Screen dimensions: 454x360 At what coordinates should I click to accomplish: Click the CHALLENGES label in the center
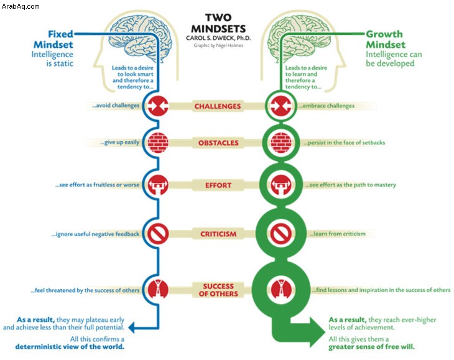(218, 106)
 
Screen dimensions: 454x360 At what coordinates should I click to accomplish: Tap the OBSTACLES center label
(218, 142)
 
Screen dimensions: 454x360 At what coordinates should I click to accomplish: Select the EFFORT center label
(218, 185)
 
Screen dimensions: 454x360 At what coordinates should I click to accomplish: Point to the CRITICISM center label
(218, 234)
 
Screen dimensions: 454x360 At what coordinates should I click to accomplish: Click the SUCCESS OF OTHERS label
(218, 290)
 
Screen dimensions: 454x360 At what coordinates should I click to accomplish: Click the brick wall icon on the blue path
(158, 142)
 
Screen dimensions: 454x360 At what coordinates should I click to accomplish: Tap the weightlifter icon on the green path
(281, 185)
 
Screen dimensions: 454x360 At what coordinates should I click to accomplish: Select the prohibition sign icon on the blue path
(158, 234)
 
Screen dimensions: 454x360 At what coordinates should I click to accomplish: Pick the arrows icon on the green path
(281, 106)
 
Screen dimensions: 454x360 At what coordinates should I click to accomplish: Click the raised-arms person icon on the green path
(281, 289)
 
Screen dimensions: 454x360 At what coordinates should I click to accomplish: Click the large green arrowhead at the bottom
(317, 331)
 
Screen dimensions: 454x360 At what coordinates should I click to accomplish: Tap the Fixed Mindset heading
(53, 39)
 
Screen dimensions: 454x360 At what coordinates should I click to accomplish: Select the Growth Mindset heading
(385, 39)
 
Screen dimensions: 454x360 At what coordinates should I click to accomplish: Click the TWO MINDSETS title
(218, 23)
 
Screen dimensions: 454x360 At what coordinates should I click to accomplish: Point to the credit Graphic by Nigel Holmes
(218, 45)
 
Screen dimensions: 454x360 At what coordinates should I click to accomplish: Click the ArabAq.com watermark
(21, 6)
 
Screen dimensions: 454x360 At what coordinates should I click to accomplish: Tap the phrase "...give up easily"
(120, 142)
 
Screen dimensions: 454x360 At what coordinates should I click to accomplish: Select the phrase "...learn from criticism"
(337, 234)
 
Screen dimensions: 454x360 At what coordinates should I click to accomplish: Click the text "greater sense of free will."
(371, 347)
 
